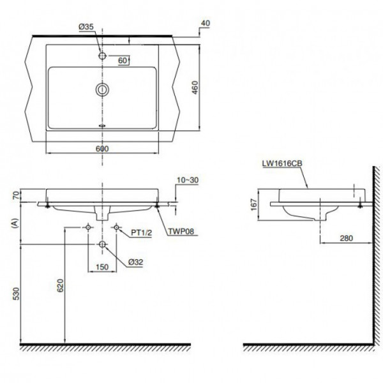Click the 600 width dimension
click(102, 149)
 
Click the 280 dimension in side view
click(345, 238)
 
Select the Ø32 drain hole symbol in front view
click(102, 244)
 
